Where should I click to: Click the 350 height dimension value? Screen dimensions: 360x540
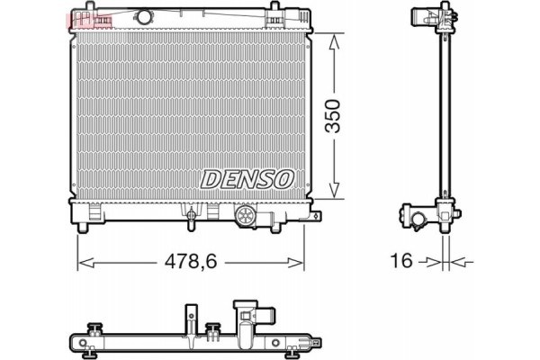point(334,116)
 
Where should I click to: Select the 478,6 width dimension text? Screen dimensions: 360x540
point(191,262)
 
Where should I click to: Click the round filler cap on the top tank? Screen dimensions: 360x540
point(144,17)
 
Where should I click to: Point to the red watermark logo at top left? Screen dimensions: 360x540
point(88,18)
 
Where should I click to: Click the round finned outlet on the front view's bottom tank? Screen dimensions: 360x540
point(246,217)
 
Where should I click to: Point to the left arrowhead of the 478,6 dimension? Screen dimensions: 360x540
point(84,263)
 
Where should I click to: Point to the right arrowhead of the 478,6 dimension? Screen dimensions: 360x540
point(300,263)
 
